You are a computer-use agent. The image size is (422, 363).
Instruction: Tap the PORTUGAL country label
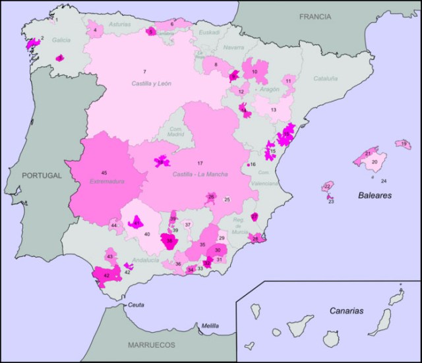[x=41, y=176]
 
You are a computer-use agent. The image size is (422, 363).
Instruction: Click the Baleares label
[x=375, y=196]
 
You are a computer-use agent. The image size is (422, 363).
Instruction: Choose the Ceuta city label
[x=136, y=304]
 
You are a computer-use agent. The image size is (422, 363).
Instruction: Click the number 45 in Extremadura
[x=104, y=173]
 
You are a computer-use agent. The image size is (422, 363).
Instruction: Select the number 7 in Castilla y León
[x=144, y=71]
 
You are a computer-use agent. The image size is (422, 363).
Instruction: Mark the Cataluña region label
[x=325, y=78]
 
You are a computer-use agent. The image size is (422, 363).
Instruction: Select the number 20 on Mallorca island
[x=375, y=161]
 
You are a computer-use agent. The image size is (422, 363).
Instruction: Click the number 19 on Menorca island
[x=403, y=143]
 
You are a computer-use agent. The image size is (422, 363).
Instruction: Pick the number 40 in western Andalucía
[x=147, y=235]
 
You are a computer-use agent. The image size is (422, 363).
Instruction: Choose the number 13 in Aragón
[x=272, y=110]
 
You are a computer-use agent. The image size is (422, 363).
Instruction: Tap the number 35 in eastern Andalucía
[x=202, y=244]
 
